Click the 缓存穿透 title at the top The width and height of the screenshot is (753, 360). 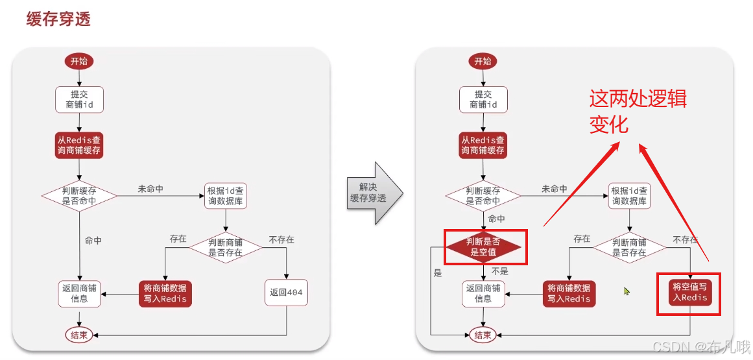58,19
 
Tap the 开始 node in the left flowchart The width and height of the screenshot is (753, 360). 78,61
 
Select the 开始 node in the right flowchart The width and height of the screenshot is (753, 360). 483,61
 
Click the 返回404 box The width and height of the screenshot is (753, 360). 286,293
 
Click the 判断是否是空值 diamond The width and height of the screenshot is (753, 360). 483,247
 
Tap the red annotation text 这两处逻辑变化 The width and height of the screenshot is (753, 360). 637,111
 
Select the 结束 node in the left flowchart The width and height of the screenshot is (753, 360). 80,335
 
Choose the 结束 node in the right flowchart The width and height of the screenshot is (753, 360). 483,335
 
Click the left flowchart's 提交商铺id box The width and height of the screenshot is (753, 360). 79,99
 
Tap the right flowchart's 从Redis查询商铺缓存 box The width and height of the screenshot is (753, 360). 483,145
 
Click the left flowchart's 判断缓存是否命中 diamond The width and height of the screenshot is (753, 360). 79,196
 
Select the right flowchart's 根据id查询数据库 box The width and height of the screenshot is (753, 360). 628,196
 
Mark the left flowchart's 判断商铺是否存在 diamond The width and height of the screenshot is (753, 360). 225,247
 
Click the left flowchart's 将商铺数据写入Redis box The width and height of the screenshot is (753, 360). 165,293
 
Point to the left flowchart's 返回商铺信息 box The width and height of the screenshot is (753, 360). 79,293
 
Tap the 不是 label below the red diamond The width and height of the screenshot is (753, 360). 500,271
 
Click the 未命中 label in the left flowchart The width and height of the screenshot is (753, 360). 150,189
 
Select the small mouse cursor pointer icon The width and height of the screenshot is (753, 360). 627,291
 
